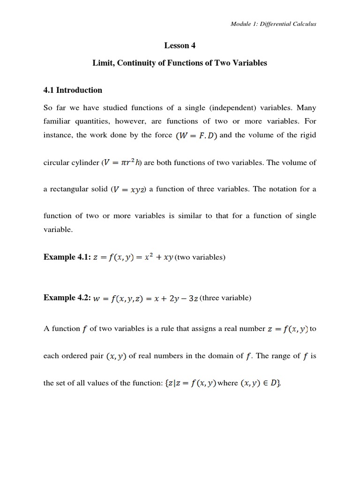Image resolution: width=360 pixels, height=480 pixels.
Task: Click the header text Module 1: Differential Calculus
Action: [x=273, y=24]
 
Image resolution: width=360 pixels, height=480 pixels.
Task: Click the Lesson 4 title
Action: [x=180, y=45]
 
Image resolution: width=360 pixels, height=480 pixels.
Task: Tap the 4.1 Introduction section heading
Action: [x=73, y=90]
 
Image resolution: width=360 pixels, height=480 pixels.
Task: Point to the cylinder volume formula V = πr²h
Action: [x=122, y=163]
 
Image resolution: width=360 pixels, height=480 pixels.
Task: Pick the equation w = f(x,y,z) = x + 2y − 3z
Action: [x=147, y=298]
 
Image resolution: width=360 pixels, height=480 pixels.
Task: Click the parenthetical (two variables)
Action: [x=200, y=257]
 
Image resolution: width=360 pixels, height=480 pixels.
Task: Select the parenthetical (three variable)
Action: [x=225, y=298]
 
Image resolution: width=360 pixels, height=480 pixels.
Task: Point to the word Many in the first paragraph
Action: [x=307, y=107]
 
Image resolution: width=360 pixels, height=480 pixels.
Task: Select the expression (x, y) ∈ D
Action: [x=260, y=383]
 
